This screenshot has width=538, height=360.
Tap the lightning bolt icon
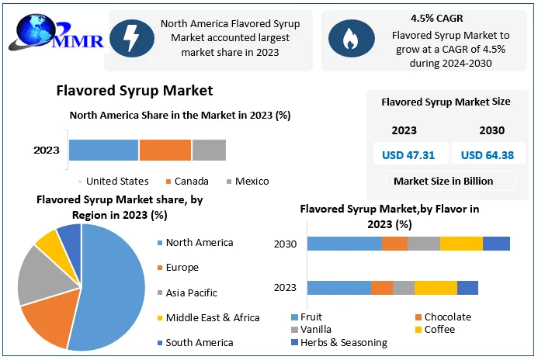127,37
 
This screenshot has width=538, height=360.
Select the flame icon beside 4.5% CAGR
347,37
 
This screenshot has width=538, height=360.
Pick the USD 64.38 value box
488,154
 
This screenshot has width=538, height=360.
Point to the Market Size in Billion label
443,182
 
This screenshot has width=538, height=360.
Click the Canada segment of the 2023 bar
165,150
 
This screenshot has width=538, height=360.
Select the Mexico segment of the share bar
209,150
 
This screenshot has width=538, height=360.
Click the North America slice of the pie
116,287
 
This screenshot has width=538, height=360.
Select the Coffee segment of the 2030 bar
461,244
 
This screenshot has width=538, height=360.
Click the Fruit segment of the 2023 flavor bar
338,288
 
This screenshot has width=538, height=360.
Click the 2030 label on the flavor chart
286,244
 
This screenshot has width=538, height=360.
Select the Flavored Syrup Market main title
134,91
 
